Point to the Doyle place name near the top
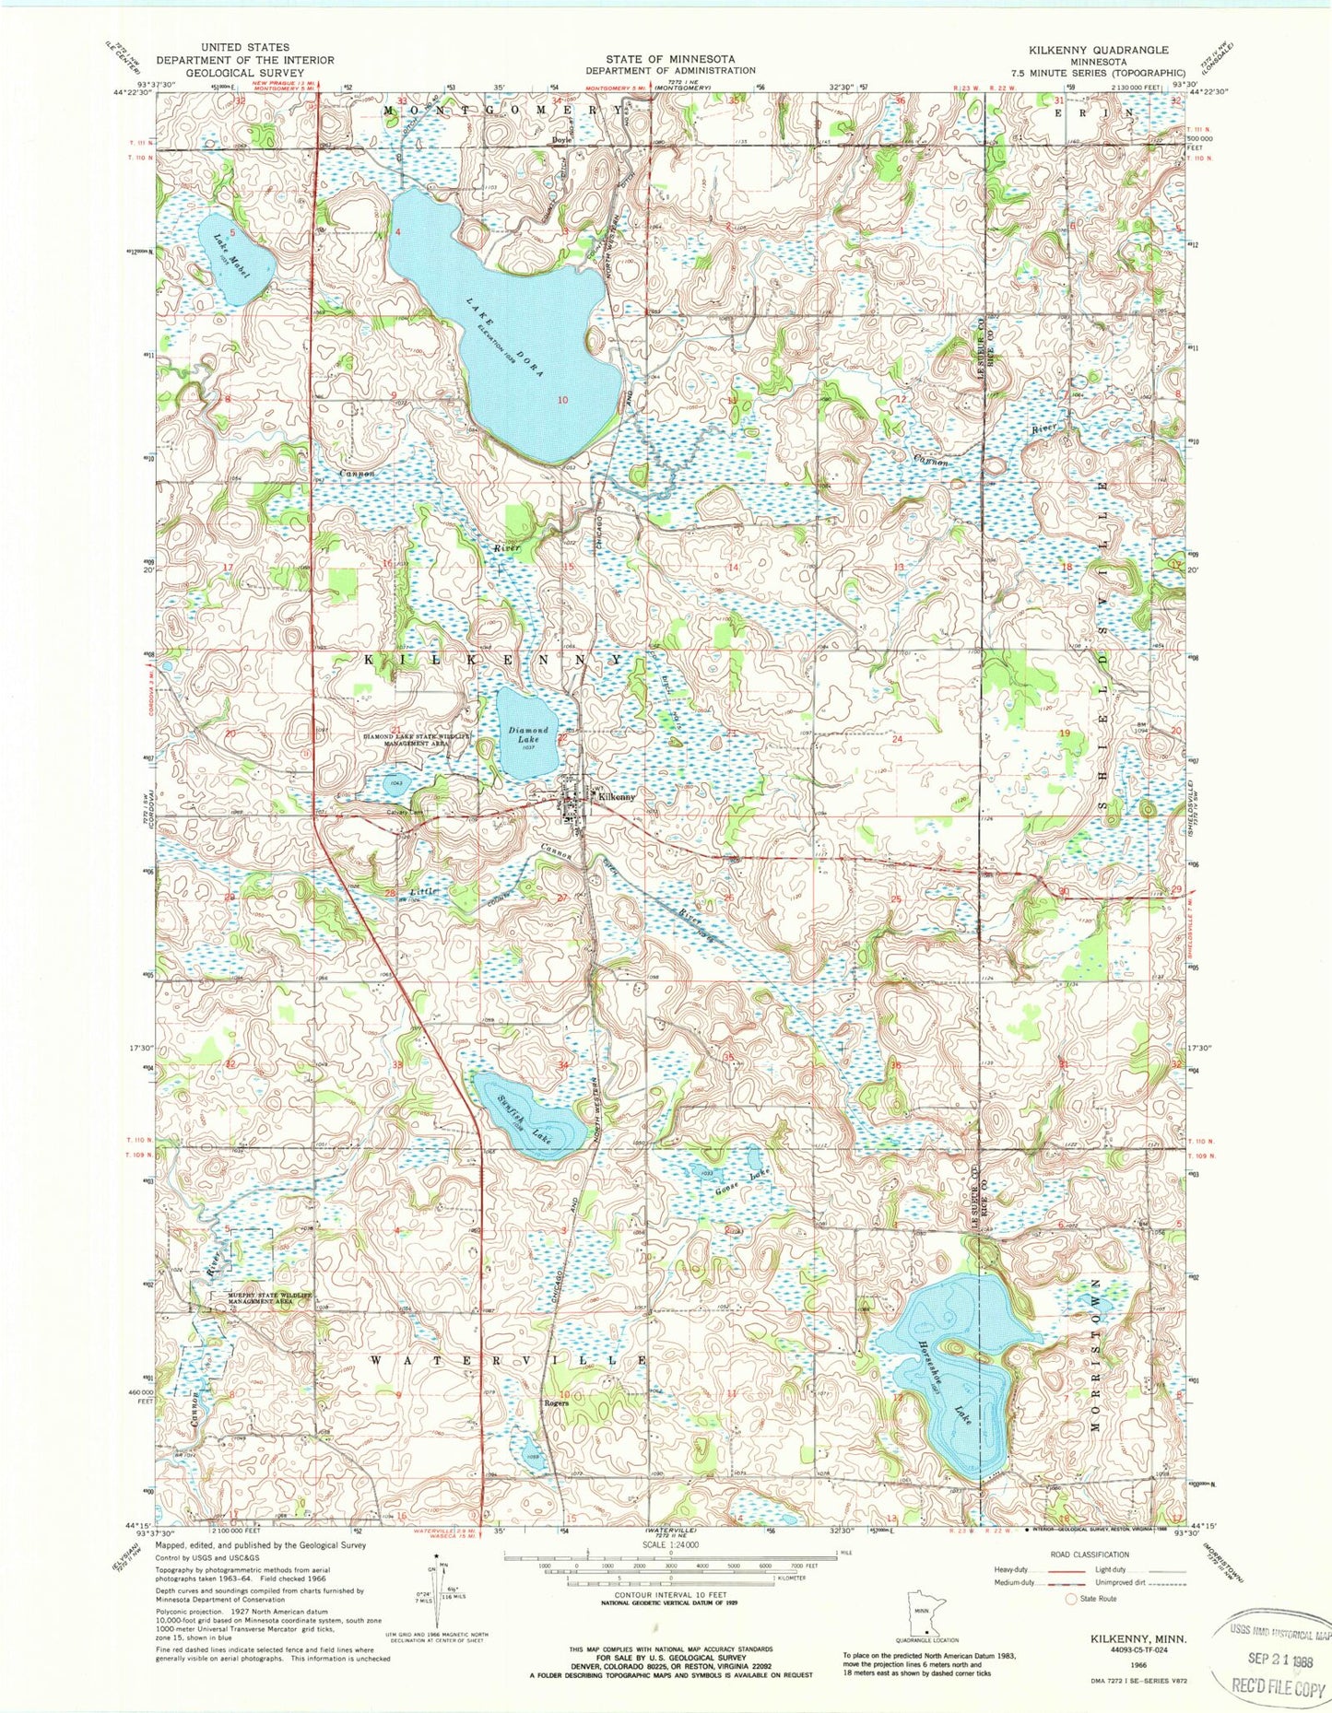[561, 140]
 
